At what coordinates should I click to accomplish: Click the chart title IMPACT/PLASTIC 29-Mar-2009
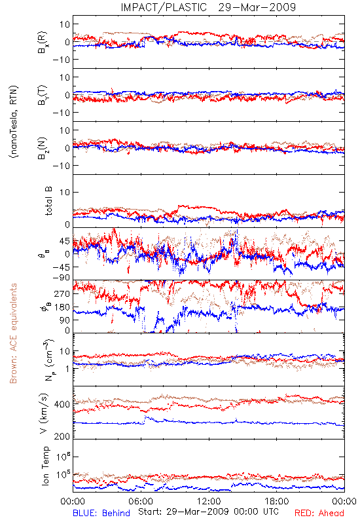pos(208,7)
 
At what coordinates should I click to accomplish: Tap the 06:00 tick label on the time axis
pos(141,501)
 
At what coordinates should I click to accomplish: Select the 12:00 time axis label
pos(209,501)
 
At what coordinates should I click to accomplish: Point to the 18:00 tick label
pos(277,501)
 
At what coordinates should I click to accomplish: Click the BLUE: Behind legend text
pos(101,513)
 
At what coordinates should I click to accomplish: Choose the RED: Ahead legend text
pos(319,513)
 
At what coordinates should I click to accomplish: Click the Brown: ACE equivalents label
pos(13,333)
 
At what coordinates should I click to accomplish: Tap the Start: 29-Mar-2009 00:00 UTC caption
pos(208,512)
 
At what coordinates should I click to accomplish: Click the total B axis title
pos(48,201)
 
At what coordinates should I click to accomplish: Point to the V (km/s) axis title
pos(44,413)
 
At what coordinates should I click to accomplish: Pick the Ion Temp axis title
pos(46,466)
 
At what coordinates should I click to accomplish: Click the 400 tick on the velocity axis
pos(62,404)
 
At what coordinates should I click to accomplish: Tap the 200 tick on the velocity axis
pos(62,436)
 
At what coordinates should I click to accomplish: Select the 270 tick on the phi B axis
pos(62,293)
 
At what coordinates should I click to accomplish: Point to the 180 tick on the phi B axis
pos(62,307)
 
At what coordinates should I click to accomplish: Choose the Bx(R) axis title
pos(43,43)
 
